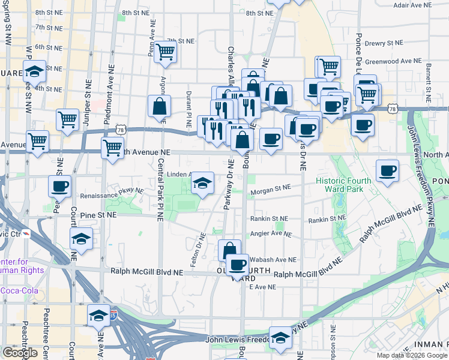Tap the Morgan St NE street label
pyautogui.click(x=271, y=187)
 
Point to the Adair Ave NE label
pyautogui.click(x=412, y=5)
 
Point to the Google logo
pyautogui.click(x=20, y=353)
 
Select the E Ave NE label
pyautogui.click(x=262, y=287)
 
